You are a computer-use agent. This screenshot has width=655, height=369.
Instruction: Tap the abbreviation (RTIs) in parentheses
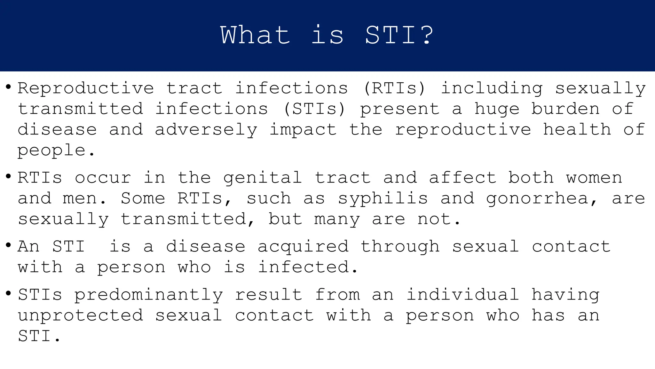(x=394, y=88)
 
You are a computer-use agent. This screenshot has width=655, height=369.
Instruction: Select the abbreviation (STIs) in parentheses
(x=314, y=109)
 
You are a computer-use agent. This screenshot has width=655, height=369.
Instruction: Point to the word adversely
(x=206, y=130)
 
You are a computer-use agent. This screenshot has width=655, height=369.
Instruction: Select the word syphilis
(x=383, y=199)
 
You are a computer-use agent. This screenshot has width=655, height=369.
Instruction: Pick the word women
(x=594, y=177)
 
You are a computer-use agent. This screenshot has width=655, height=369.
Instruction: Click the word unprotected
(x=80, y=316)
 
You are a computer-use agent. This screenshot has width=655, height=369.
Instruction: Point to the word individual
(x=462, y=295)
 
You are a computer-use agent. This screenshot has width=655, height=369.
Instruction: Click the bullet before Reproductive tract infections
(x=9, y=87)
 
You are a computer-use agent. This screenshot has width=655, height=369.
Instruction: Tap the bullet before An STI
(x=9, y=245)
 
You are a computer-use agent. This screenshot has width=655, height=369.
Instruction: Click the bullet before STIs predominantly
(x=9, y=293)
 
